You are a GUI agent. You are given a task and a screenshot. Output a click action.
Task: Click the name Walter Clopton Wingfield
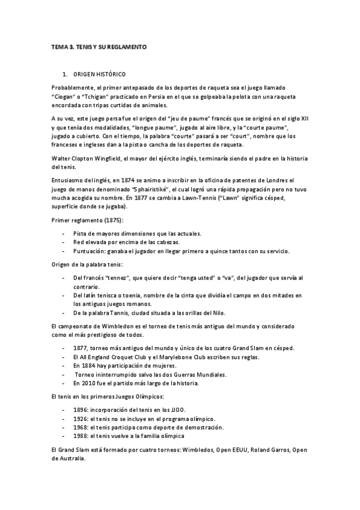point(91,158)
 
